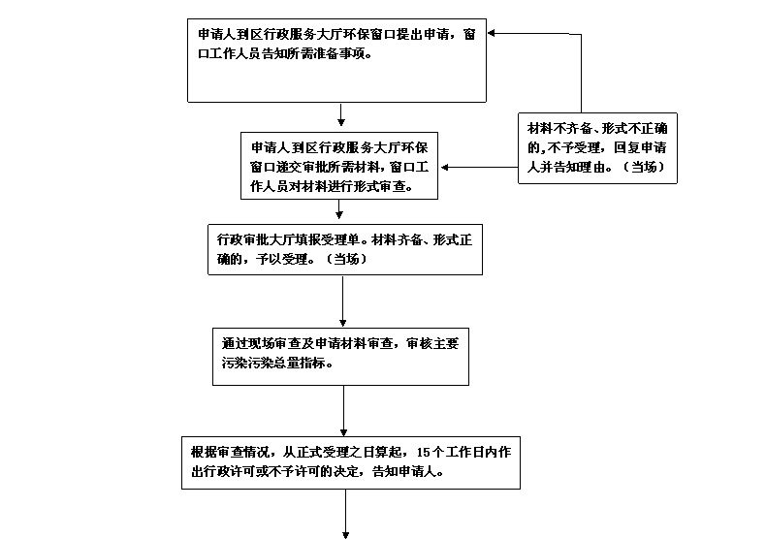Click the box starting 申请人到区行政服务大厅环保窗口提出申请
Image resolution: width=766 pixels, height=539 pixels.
335,60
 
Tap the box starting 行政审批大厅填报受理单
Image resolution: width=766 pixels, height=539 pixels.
344,250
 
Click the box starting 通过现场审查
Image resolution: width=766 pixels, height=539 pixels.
344,355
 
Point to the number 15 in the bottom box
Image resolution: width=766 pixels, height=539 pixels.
422,452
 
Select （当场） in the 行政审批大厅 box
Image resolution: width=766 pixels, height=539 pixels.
345,260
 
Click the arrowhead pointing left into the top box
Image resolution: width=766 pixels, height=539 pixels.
494,34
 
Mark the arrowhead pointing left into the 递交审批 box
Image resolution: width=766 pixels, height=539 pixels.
447,167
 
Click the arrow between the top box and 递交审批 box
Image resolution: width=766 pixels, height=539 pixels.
341,115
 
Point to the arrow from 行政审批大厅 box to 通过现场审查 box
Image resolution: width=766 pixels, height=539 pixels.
344,301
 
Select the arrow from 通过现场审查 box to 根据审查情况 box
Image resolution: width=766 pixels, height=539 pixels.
344,412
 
